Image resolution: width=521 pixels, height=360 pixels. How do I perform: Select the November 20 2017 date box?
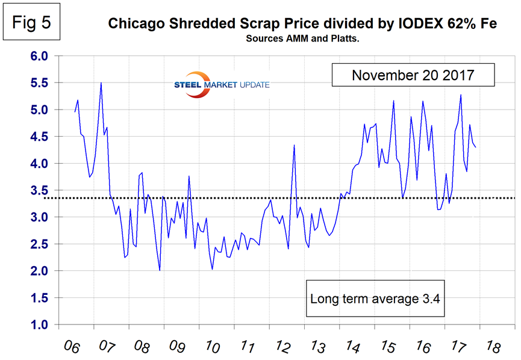pyautogui.click(x=413, y=76)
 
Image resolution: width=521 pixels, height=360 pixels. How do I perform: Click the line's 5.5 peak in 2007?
pyautogui.click(x=101, y=83)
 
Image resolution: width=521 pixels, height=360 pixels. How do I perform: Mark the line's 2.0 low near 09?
pyautogui.click(x=160, y=270)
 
